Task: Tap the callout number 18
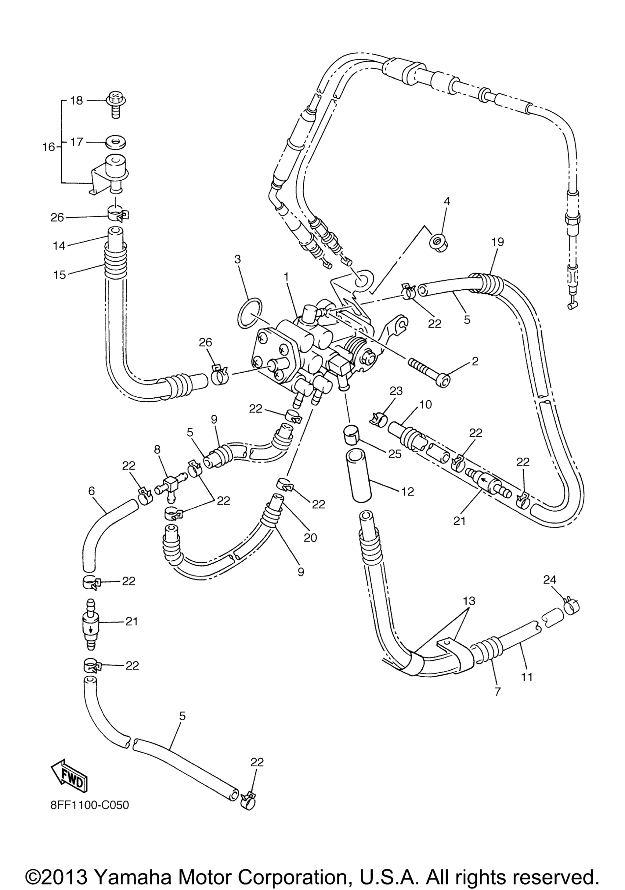[76, 101]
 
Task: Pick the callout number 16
[49, 147]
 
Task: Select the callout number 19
[498, 242]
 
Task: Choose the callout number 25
[395, 454]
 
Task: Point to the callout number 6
[92, 491]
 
